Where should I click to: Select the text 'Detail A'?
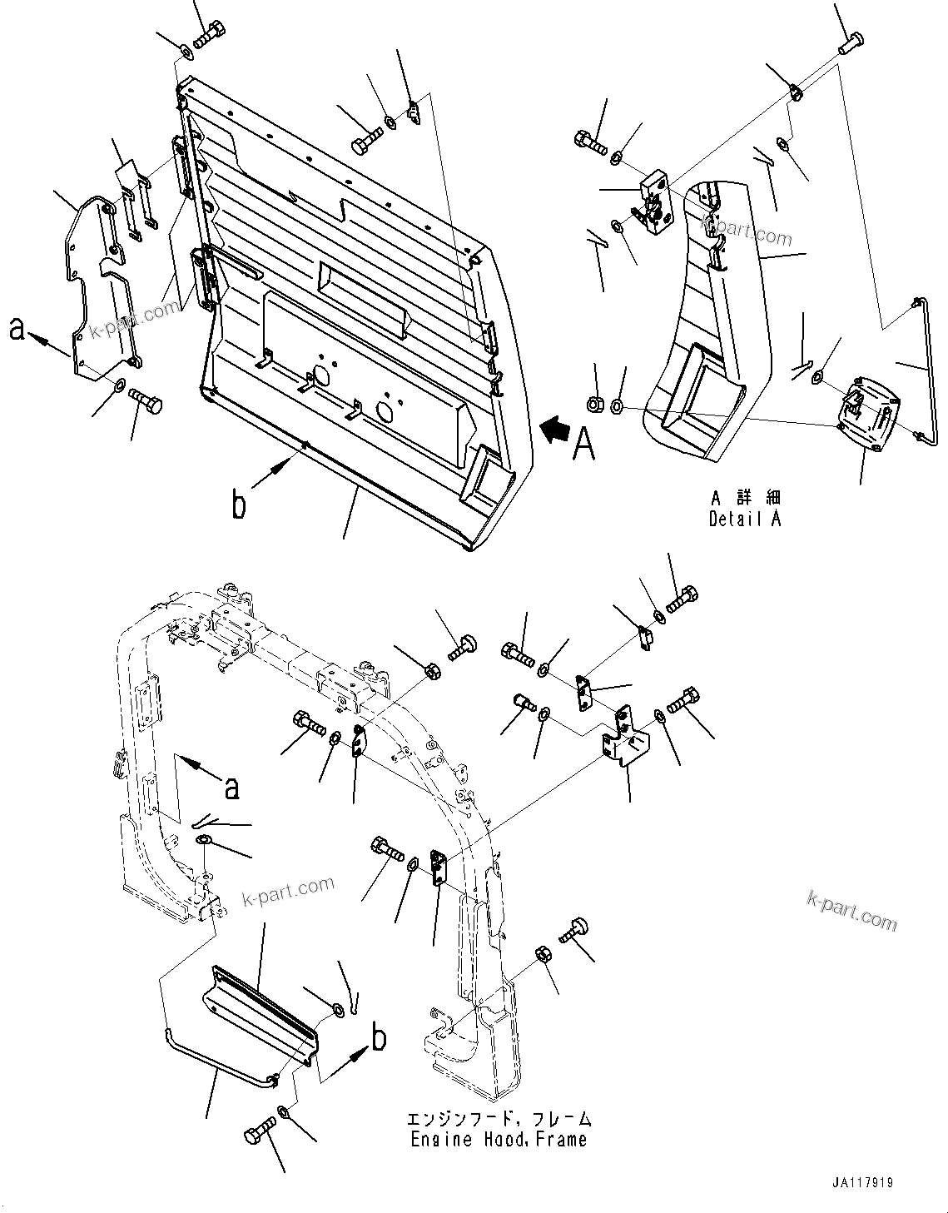coord(745,519)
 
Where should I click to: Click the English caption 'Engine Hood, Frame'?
coord(499,1139)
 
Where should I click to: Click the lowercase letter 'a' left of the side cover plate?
coord(17,331)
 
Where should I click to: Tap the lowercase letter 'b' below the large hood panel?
coord(239,505)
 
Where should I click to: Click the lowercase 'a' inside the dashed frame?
coord(232,786)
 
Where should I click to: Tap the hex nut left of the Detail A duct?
coord(596,405)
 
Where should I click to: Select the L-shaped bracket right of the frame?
coord(623,745)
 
